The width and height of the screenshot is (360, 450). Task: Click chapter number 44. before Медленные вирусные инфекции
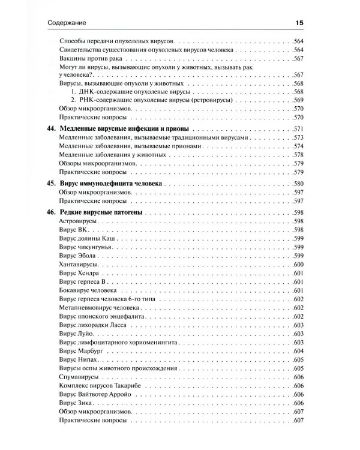pos(51,130)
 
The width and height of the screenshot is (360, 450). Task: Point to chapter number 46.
pos(51,213)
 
